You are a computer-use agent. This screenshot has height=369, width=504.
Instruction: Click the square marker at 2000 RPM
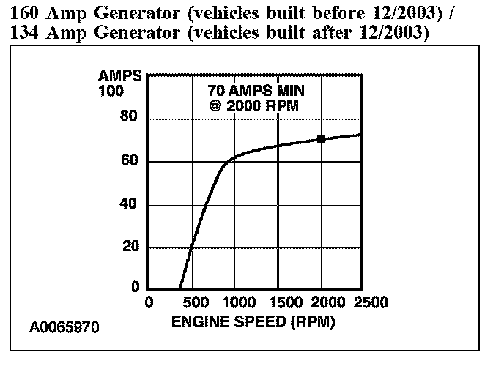pos(321,139)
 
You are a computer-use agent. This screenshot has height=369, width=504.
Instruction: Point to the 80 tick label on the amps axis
pos(128,119)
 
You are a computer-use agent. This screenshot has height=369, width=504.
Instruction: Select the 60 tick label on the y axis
pos(128,161)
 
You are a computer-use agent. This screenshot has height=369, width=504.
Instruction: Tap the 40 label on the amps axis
pos(128,204)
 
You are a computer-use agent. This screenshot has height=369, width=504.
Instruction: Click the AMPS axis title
pos(116,76)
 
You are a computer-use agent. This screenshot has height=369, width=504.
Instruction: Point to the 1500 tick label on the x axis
pos(283,302)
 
